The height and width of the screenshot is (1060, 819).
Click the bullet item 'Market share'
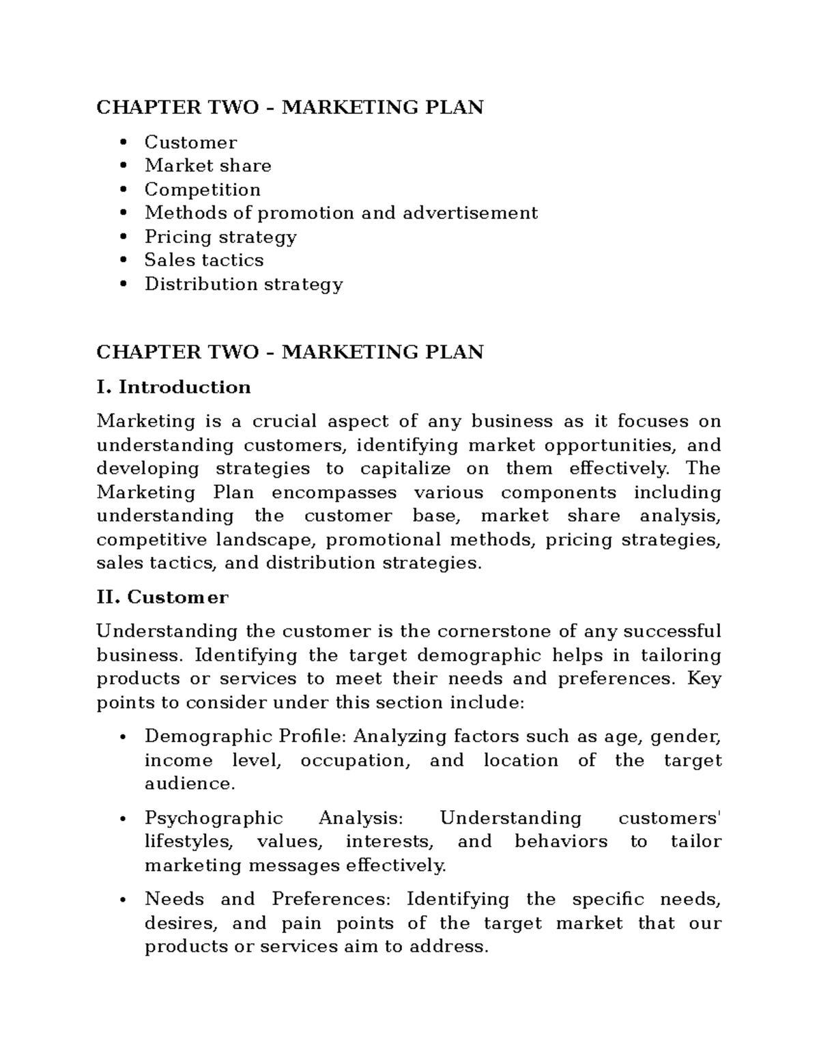[207, 166]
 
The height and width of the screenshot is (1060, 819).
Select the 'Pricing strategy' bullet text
[220, 237]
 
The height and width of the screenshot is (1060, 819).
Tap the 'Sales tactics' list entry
[203, 260]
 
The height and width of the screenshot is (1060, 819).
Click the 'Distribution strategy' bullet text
[243, 284]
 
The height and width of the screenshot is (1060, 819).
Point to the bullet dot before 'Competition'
[123, 190]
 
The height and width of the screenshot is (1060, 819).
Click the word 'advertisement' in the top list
[470, 213]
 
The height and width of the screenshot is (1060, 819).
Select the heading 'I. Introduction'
[173, 387]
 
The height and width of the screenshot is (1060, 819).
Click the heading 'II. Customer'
[162, 597]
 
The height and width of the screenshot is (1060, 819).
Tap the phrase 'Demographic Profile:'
[246, 736]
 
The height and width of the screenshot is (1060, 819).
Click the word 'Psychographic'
[214, 818]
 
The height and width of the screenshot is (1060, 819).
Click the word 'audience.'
[190, 784]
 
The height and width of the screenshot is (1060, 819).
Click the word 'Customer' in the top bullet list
[190, 143]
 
